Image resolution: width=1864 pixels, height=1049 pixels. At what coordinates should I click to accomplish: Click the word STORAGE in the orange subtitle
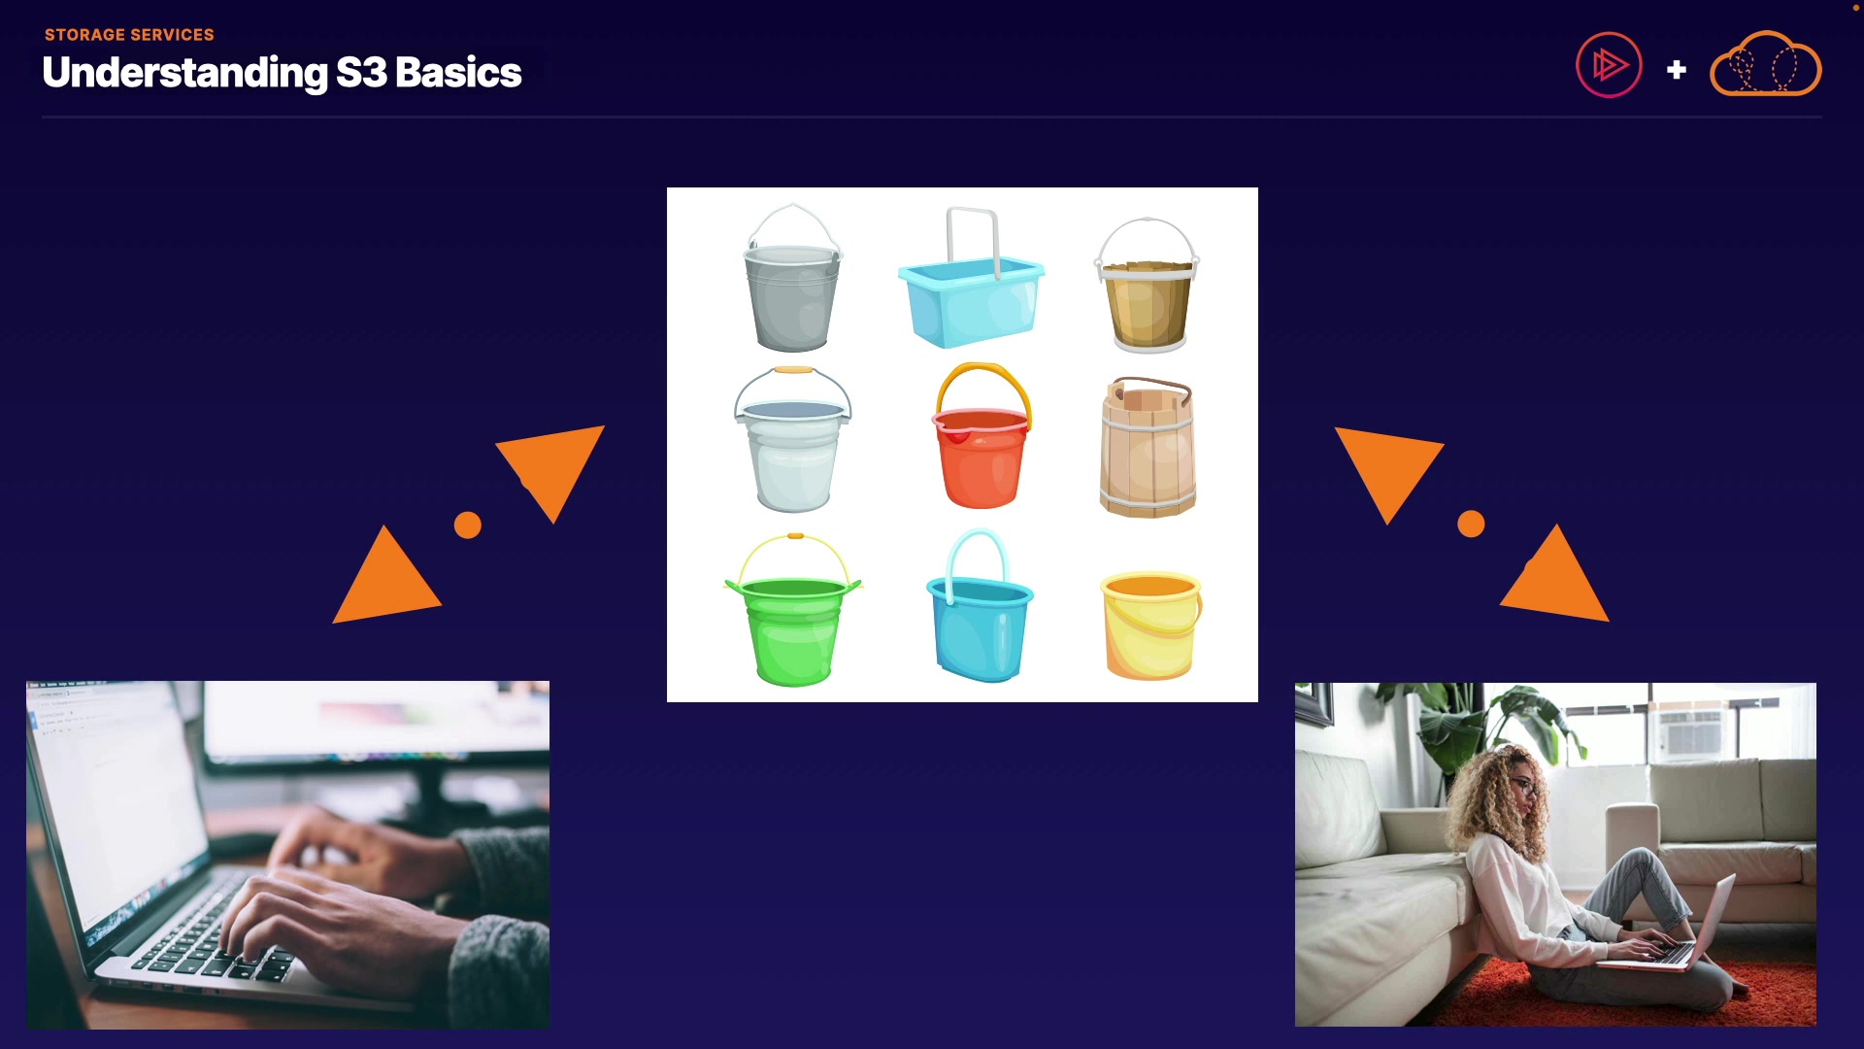tap(84, 35)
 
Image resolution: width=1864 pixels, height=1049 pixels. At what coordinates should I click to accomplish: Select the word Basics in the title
tap(458, 73)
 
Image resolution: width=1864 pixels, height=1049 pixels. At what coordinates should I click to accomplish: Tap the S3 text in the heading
tap(361, 73)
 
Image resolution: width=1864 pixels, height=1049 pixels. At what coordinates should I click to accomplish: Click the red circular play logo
tap(1609, 65)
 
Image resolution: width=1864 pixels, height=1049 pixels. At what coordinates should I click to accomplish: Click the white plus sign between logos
tap(1676, 70)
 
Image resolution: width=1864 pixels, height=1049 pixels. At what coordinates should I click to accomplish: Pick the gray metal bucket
tap(792, 278)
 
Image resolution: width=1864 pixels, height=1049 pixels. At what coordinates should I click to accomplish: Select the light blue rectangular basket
tap(971, 278)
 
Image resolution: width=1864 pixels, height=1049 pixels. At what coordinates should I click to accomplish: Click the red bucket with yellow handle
tap(982, 437)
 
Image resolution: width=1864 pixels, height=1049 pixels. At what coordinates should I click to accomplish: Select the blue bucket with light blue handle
tap(980, 607)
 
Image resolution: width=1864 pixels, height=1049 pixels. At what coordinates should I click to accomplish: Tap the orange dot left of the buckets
tap(468, 525)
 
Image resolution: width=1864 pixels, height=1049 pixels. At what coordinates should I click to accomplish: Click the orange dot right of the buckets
tap(1471, 524)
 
